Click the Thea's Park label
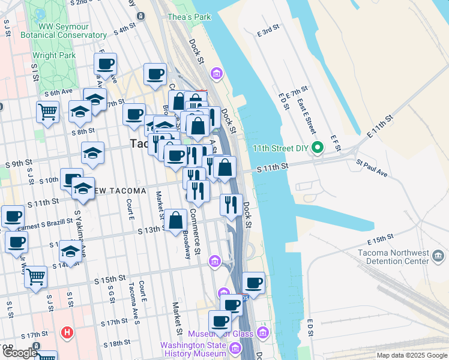tap(189, 17)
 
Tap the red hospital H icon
tap(68, 332)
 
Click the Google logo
tap(20, 353)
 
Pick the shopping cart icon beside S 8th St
tap(47, 111)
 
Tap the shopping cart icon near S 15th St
tap(36, 277)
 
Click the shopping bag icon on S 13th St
tap(176, 220)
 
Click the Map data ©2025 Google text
tap(411, 355)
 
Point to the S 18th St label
tap(116, 343)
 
